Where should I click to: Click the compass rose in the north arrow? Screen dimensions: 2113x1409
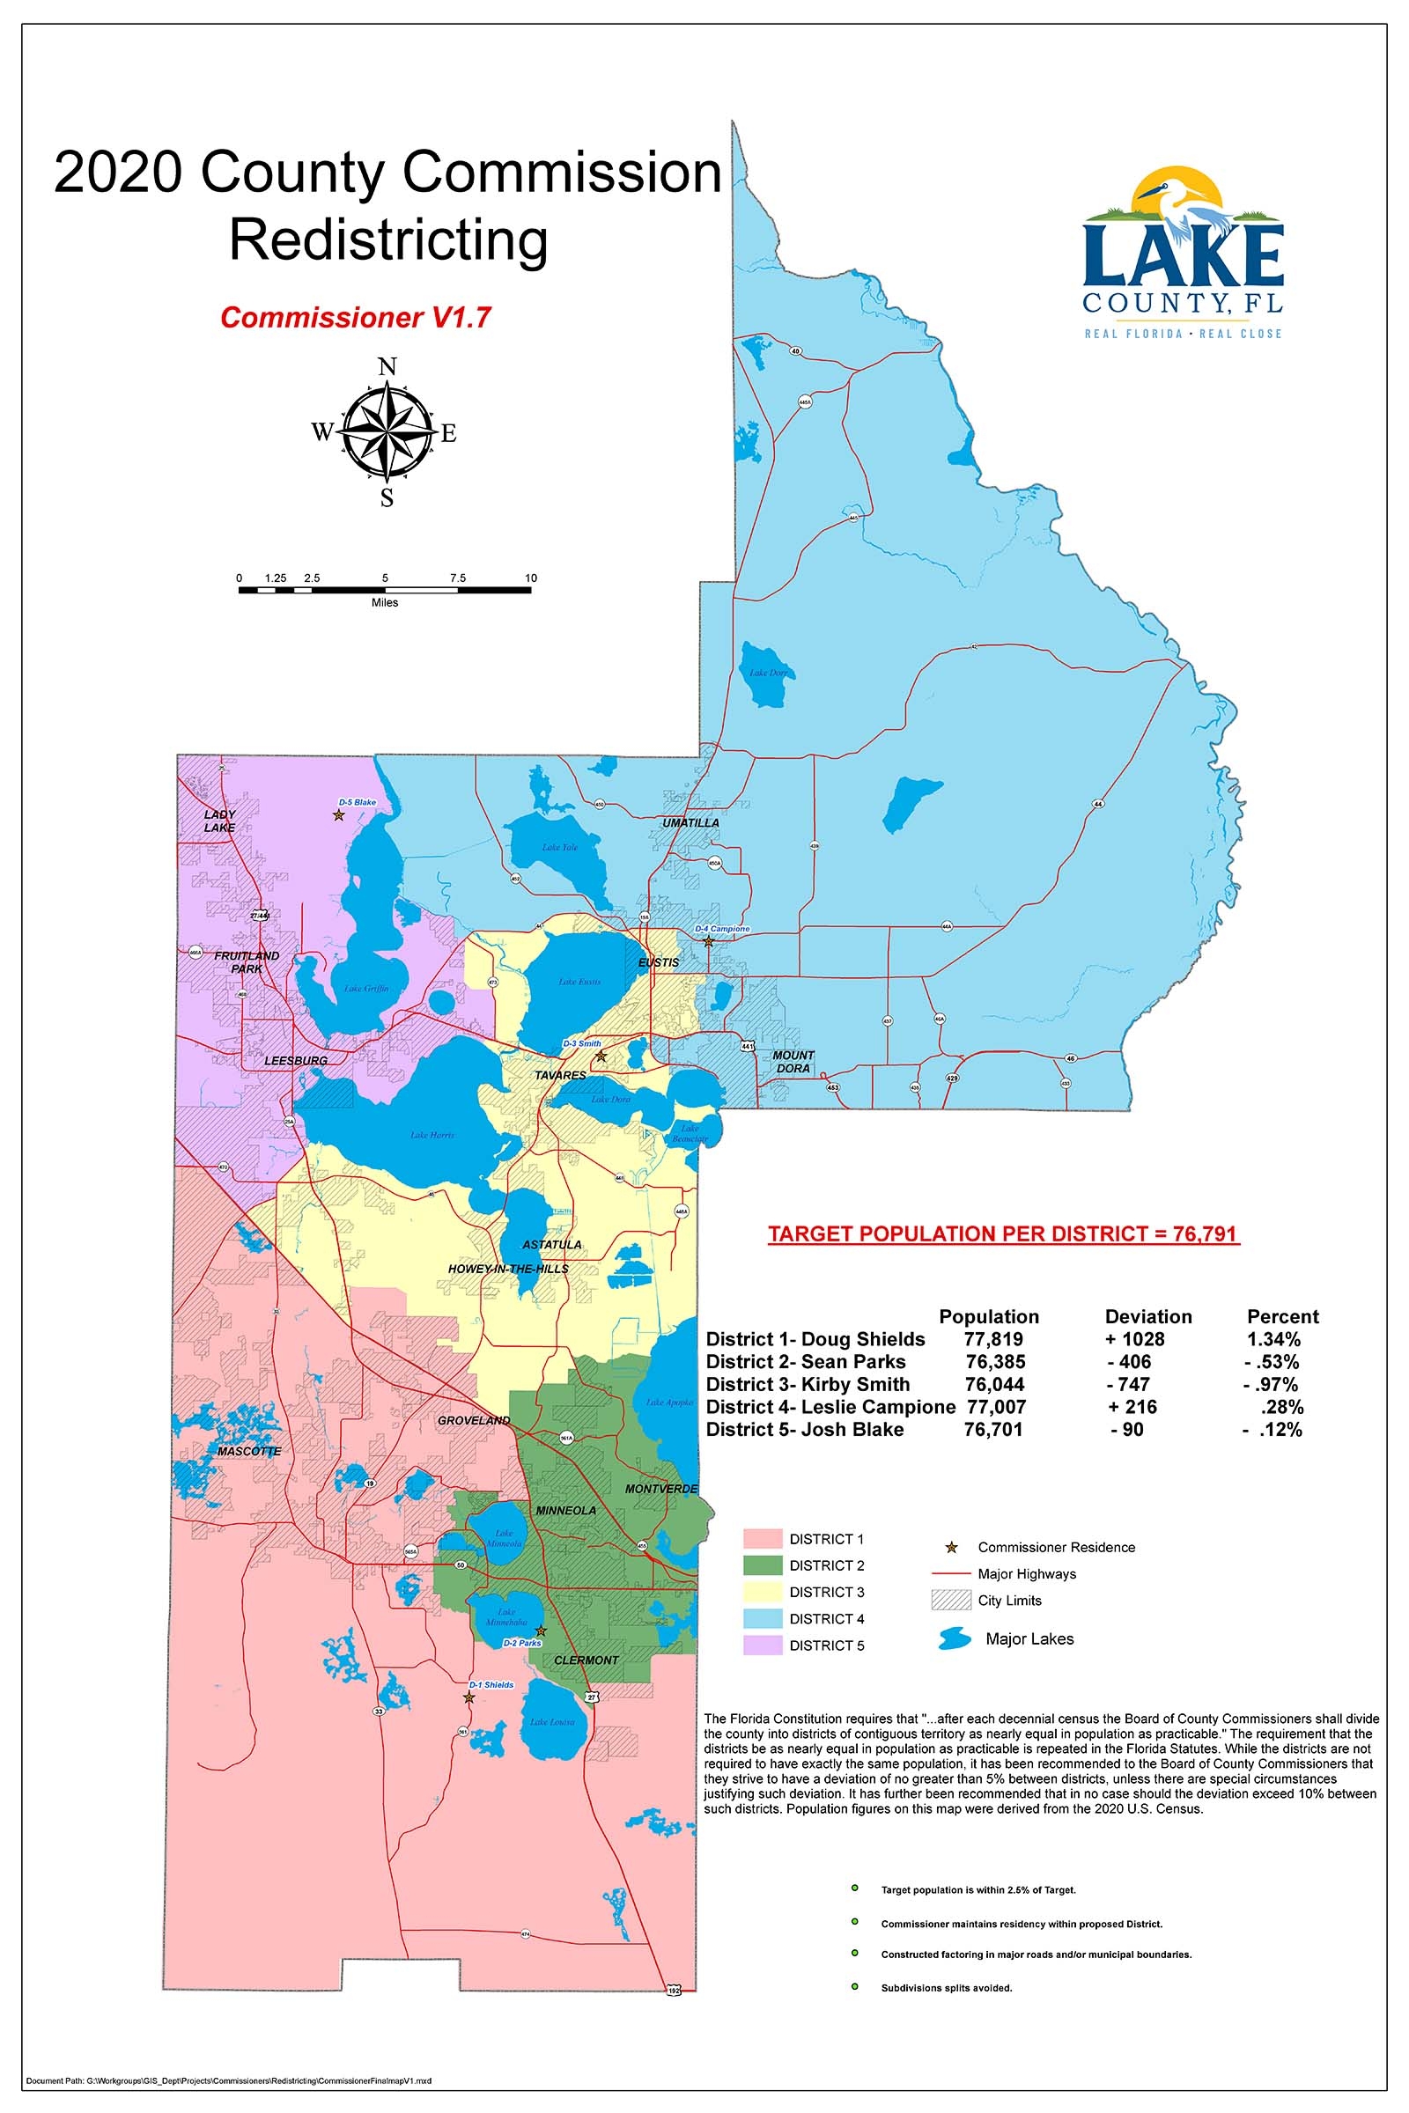387,431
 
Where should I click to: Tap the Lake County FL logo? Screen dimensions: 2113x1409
1183,254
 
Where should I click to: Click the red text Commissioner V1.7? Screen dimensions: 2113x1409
356,317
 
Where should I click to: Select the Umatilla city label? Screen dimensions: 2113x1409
690,822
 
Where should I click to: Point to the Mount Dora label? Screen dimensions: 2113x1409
793,1061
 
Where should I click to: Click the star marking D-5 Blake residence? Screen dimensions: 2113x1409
339,815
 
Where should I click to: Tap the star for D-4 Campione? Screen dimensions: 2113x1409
708,941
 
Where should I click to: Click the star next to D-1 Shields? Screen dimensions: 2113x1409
468,1697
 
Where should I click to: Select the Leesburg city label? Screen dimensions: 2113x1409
296,1060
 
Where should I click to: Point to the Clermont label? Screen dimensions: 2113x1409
586,1660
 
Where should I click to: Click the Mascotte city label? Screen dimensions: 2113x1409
249,1451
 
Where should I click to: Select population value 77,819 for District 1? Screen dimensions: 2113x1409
993,1339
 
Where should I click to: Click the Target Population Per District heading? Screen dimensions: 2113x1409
1004,1233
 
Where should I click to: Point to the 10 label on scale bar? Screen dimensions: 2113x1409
531,578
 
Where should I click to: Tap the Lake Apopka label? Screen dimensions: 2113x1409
668,1402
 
